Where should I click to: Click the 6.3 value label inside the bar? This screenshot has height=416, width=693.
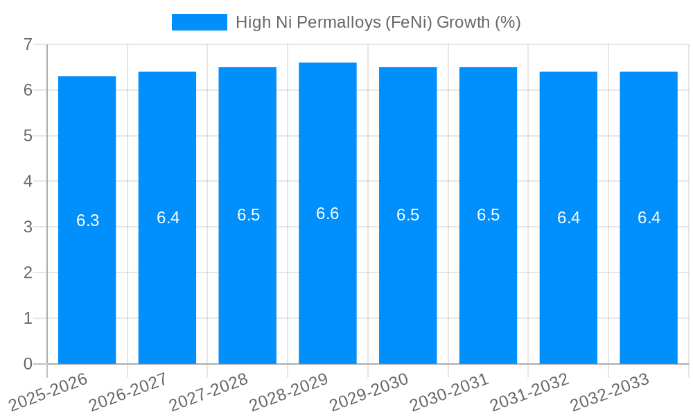[x=87, y=220]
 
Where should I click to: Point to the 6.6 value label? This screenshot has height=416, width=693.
[x=327, y=214]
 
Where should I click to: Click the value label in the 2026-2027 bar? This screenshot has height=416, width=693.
[x=168, y=218]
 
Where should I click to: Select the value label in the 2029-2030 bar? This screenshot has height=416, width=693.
[x=407, y=215]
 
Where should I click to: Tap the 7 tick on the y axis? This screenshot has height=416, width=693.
[x=28, y=44]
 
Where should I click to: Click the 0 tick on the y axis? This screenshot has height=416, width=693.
[x=28, y=364]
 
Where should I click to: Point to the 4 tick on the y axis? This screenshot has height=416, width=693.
[x=28, y=182]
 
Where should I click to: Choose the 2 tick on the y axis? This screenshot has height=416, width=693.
[x=28, y=272]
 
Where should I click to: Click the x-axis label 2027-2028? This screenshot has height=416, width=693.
[x=209, y=392]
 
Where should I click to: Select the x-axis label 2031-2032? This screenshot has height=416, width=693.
[x=529, y=392]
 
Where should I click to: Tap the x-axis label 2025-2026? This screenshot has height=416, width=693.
[x=48, y=392]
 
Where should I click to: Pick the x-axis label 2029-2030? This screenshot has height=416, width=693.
[x=369, y=392]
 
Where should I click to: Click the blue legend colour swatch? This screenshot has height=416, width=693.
[x=199, y=22]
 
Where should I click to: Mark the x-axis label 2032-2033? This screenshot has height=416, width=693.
[x=610, y=392]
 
